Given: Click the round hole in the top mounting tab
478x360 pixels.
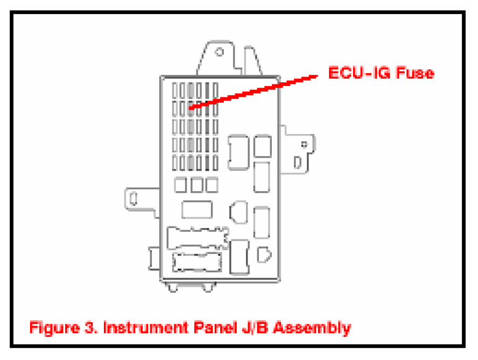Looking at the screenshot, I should [x=219, y=53].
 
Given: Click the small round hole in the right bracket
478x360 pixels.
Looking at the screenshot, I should [x=305, y=144].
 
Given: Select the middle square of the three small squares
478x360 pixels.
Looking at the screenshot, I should [x=195, y=185].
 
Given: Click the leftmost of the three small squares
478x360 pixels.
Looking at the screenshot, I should [x=180, y=185].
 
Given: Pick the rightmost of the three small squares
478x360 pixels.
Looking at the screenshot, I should [x=211, y=185].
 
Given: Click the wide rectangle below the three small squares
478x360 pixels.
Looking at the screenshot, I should [x=197, y=209].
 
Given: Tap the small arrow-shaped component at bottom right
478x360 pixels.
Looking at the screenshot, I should [x=264, y=253].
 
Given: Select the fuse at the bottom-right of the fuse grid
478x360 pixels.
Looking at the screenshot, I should [x=215, y=161].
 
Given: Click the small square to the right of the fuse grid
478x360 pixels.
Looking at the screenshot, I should [x=263, y=145].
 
